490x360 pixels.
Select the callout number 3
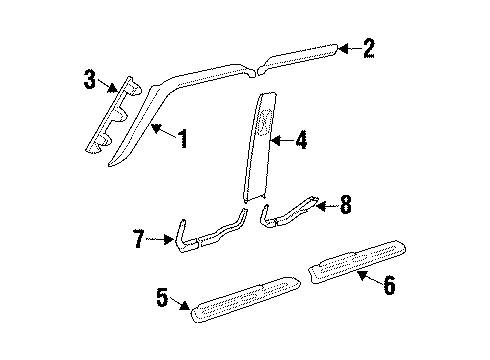[89, 77]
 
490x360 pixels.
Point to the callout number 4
[301, 143]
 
